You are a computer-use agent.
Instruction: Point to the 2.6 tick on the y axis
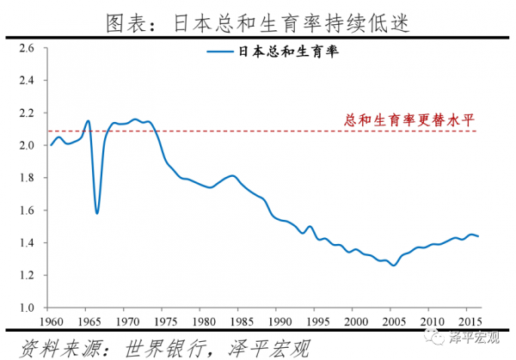pos(26,48)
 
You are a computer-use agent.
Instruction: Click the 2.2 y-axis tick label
pos(26,113)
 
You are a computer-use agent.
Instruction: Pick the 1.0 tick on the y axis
pos(26,307)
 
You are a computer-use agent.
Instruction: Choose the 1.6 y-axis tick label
pos(26,210)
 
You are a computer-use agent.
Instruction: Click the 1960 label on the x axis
pos(52,320)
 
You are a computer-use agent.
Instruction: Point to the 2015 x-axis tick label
pos(470,320)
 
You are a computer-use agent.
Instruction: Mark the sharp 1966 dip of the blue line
pos(97,212)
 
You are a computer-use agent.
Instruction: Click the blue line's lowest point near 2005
pos(394,265)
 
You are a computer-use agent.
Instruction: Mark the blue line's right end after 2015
pos(478,235)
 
